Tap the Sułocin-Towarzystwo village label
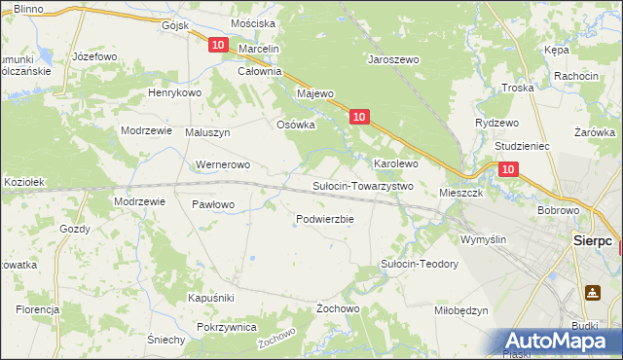[x=363, y=186]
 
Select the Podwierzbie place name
[x=324, y=219]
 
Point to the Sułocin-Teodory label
[x=419, y=265]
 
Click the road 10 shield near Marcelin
[x=217, y=46]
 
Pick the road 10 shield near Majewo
[x=359, y=117]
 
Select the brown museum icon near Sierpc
[x=592, y=291]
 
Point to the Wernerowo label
[x=224, y=165]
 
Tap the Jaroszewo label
[x=392, y=59]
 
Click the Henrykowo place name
[x=173, y=92]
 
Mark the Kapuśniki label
[x=211, y=297]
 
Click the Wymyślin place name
[x=483, y=238]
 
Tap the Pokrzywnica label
[x=226, y=328]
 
